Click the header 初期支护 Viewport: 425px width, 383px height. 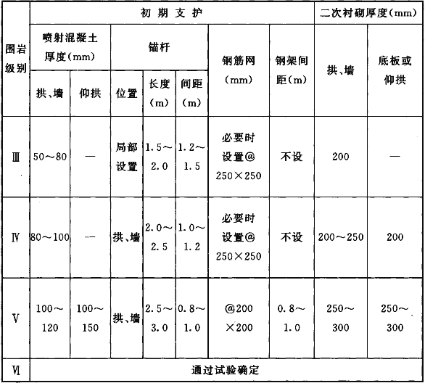171,13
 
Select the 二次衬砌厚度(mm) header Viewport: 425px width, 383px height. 368,13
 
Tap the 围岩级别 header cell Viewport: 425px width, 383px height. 16,59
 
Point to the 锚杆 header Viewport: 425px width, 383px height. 159,47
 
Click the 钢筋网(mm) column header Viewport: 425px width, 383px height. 239,70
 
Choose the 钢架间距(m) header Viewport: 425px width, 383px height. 292,70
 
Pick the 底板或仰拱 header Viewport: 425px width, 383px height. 395,70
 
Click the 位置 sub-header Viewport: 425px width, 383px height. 127,94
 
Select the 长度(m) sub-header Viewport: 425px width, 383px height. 159,94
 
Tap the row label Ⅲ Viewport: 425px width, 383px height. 16,157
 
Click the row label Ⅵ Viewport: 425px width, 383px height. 16,370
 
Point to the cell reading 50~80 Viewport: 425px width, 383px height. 50,157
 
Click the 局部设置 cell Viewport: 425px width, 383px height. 127,157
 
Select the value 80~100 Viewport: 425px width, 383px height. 50,237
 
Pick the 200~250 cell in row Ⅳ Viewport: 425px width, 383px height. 341,237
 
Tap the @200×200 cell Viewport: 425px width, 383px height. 239,318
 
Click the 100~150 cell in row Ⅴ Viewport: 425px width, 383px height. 90,318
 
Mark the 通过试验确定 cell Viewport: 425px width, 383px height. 225,370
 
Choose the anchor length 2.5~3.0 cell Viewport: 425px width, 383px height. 159,318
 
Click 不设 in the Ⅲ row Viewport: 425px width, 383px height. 292,157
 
